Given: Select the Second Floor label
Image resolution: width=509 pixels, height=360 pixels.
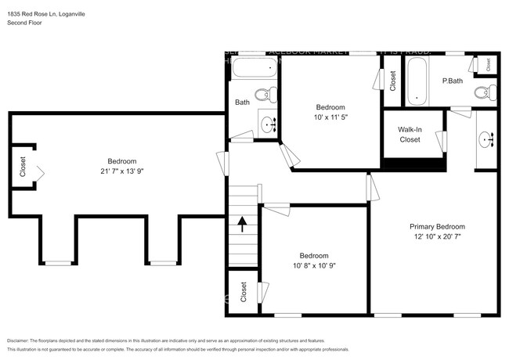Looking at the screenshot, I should (26, 23).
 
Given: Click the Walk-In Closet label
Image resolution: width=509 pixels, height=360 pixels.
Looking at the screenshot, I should (410, 135).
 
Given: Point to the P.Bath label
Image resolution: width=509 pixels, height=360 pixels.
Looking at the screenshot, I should (452, 81).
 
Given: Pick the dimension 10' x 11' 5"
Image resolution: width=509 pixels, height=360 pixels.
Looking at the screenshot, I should (330, 117).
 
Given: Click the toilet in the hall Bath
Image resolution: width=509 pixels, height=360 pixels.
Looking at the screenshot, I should (265, 95).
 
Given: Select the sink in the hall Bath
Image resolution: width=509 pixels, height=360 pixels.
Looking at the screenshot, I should (269, 124).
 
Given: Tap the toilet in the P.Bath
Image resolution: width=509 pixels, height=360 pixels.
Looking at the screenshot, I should (484, 93).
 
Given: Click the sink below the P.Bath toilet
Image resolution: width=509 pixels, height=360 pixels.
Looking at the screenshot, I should (486, 139).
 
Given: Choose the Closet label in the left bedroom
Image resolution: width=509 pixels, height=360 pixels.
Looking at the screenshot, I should (23, 167).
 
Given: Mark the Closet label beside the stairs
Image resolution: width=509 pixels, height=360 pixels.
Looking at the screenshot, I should (243, 292).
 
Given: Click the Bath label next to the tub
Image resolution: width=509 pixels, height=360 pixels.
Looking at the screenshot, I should (242, 103).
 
